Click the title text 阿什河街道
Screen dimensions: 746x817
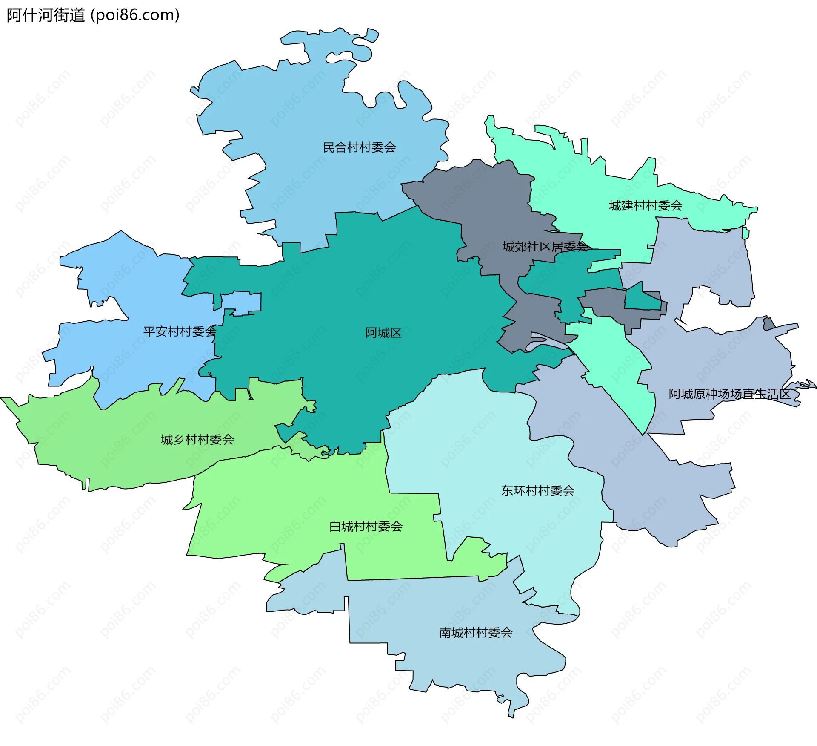[46, 15]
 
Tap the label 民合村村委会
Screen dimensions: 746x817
[359, 147]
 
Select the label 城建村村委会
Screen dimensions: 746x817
[646, 206]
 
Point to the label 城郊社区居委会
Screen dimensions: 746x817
[545, 247]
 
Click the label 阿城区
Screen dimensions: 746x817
[383, 333]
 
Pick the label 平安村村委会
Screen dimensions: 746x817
[180, 331]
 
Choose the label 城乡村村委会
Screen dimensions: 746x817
[197, 440]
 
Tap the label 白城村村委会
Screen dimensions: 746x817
[366, 527]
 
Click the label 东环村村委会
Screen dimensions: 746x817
[537, 491]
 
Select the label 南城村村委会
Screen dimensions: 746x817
[475, 633]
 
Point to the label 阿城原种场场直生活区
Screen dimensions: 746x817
[729, 394]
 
